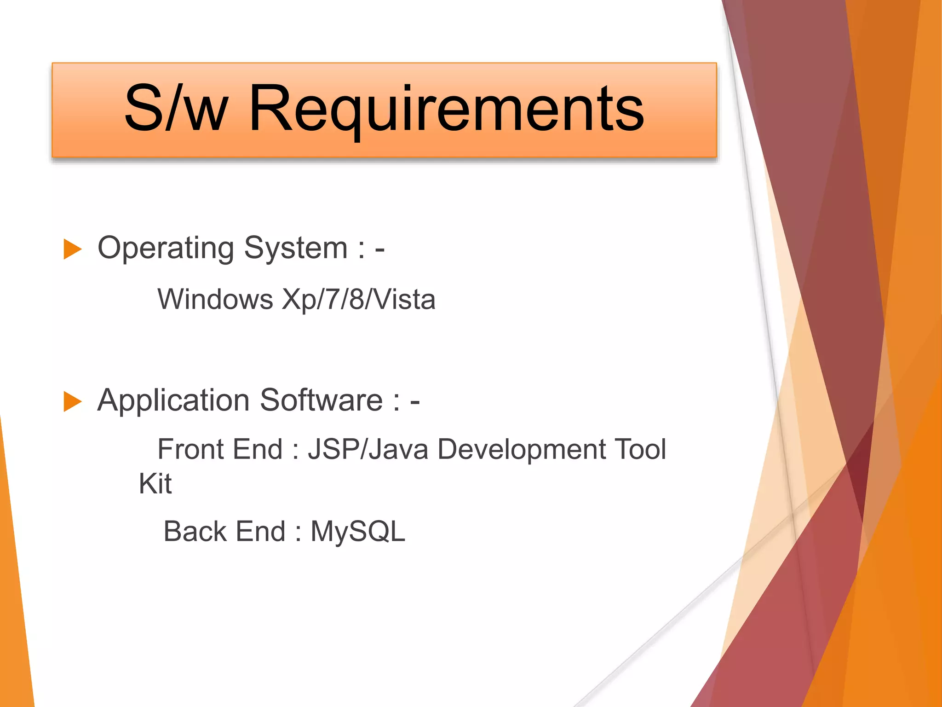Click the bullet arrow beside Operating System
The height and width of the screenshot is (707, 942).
point(72,249)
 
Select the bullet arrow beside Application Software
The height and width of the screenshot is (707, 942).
point(72,401)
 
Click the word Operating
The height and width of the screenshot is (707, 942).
point(166,249)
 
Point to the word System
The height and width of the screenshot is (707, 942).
point(296,249)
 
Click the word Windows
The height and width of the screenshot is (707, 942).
point(215,300)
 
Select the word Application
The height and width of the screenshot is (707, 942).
point(173,400)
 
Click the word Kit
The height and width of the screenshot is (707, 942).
point(155,484)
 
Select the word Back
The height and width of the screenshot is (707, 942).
point(195,532)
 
